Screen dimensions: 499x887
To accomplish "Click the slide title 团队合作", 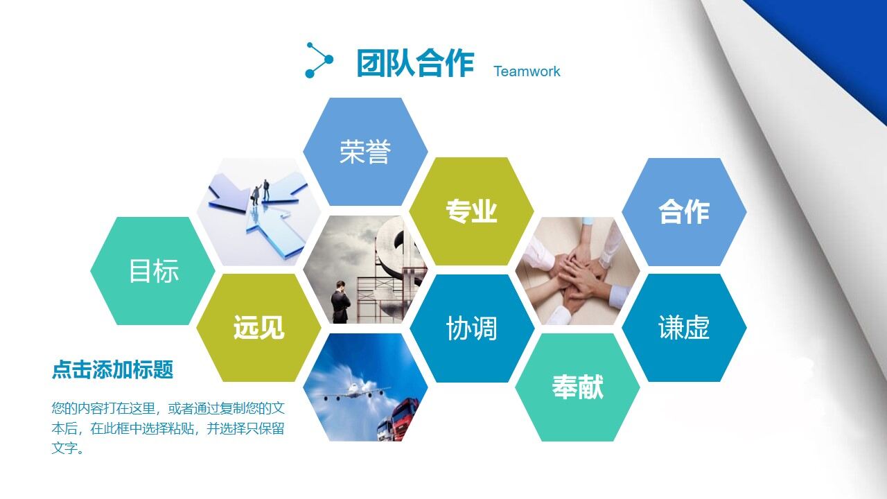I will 415,63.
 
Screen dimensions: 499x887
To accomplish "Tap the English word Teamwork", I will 527,71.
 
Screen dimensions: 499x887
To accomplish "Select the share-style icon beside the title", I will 319,60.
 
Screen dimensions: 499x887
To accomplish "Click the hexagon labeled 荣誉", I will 365,152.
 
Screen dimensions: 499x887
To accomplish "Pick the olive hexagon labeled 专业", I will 471,211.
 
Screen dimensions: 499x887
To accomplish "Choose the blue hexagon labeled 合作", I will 684,211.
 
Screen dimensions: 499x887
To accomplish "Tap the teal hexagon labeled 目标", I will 153,271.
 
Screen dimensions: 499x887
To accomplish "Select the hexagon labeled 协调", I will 471,328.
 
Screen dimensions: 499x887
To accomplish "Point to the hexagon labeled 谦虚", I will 684,328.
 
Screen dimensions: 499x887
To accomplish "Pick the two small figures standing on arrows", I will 259,191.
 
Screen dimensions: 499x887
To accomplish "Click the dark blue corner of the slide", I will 832,42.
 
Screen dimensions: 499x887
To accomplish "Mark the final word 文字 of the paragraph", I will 64,448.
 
